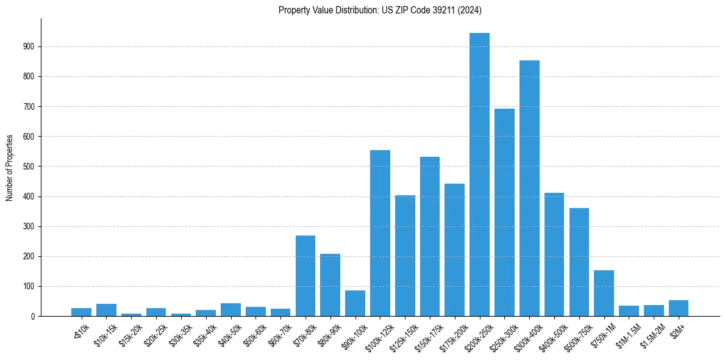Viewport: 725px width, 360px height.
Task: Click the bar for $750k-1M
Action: (604, 293)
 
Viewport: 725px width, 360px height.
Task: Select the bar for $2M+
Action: (679, 308)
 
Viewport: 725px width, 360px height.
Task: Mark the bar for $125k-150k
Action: (405, 256)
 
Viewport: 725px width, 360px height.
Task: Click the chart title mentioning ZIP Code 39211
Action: (380, 10)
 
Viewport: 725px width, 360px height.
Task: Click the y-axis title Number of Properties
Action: (10, 167)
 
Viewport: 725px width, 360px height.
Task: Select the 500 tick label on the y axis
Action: (29, 167)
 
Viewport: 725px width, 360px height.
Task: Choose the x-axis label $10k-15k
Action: (105, 332)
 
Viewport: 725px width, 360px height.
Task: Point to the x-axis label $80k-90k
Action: (329, 332)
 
